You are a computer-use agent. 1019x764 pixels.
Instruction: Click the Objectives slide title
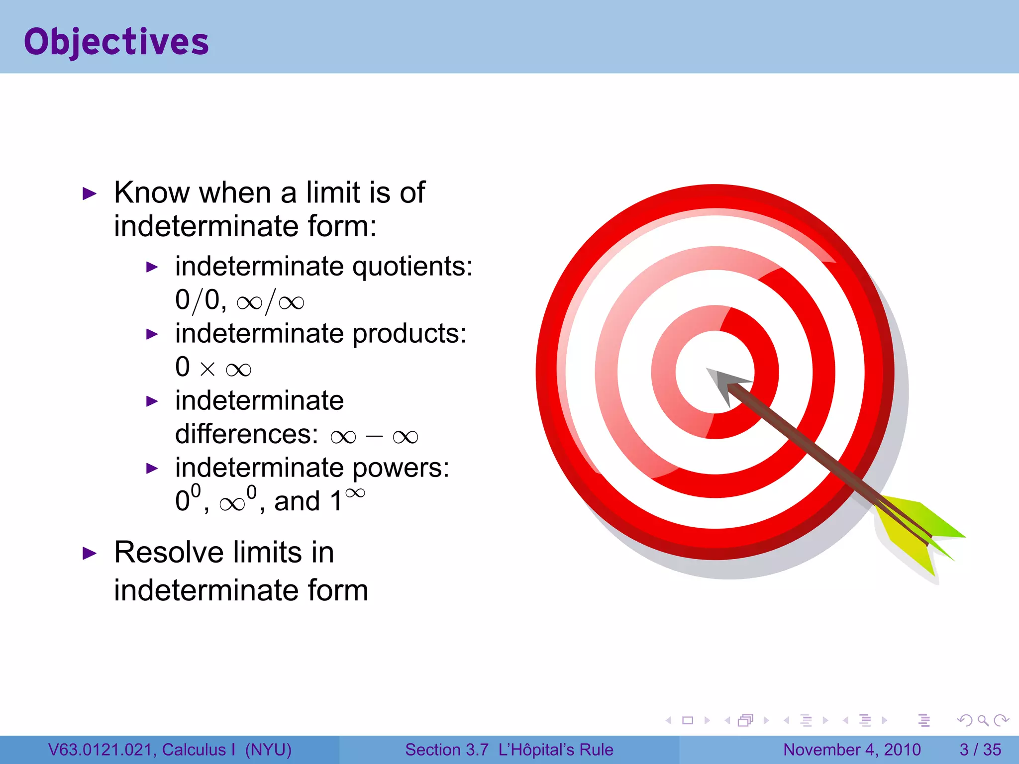pyautogui.click(x=116, y=42)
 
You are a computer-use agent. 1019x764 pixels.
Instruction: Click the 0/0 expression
pyautogui.click(x=198, y=300)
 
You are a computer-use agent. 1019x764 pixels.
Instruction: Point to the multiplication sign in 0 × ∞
pyautogui.click(x=207, y=369)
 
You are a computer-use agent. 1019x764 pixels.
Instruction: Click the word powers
pyautogui.click(x=400, y=468)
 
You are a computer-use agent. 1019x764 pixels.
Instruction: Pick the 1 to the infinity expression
pyautogui.click(x=347, y=499)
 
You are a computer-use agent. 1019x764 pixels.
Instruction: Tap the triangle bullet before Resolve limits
pyautogui.click(x=89, y=554)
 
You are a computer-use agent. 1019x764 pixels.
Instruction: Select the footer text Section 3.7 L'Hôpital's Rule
pyautogui.click(x=509, y=750)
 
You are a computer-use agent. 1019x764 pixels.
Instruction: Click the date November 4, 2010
pyautogui.click(x=852, y=750)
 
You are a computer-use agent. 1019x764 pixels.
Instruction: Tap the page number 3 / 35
pyautogui.click(x=980, y=750)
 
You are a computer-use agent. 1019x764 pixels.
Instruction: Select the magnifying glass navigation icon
pyautogui.click(x=983, y=720)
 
